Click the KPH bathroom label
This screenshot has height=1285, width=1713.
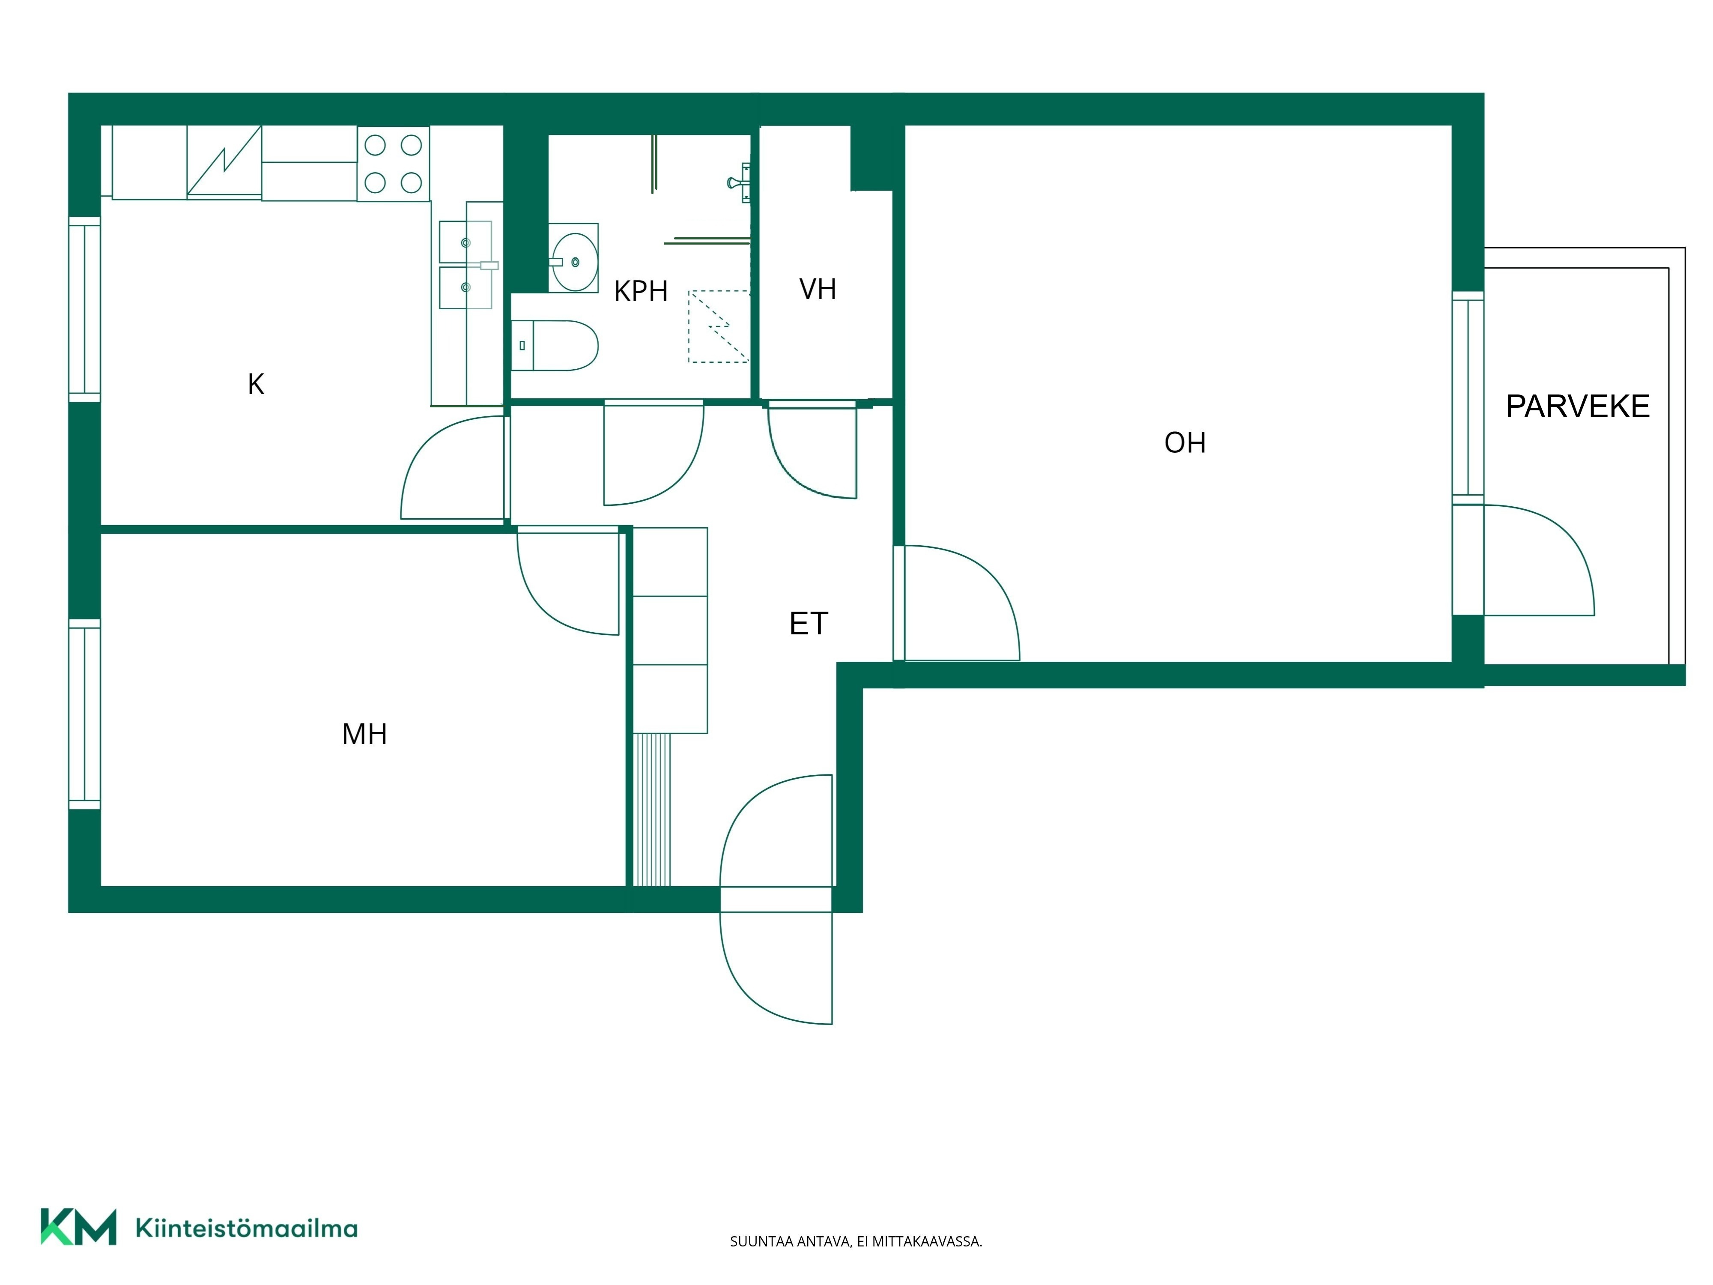(640, 291)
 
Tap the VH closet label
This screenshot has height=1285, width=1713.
(818, 289)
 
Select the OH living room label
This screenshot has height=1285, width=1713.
(1185, 442)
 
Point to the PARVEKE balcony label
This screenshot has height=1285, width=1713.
(1578, 406)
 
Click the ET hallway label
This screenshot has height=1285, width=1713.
(809, 624)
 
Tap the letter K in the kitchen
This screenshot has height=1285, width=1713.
(256, 384)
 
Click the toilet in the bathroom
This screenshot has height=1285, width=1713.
(555, 346)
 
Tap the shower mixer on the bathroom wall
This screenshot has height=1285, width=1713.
(740, 183)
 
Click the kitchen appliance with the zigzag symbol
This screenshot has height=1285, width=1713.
(224, 162)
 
